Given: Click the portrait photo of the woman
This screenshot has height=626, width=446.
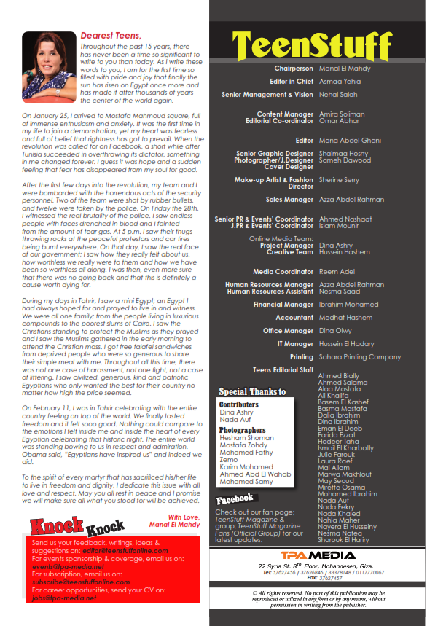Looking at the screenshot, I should click(x=45, y=66).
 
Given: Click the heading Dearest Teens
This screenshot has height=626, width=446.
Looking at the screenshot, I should click(x=111, y=34).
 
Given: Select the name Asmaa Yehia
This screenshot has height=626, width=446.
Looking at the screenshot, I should click(x=340, y=82).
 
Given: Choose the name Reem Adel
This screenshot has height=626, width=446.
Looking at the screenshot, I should click(x=335, y=271).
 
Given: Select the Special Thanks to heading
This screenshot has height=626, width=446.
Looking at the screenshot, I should click(x=252, y=392).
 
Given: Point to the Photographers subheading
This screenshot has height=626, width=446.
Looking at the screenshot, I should click(x=242, y=431).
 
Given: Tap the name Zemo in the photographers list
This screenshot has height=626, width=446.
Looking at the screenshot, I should click(x=228, y=461).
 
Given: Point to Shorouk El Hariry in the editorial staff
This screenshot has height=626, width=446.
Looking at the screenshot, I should click(x=343, y=540).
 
